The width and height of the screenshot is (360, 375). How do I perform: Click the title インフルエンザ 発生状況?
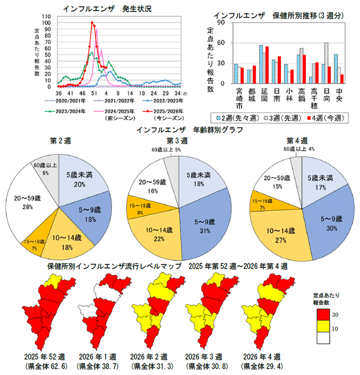(107, 9)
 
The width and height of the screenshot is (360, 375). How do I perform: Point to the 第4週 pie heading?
(297, 140)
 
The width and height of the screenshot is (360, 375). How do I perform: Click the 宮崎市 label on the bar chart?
(239, 100)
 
